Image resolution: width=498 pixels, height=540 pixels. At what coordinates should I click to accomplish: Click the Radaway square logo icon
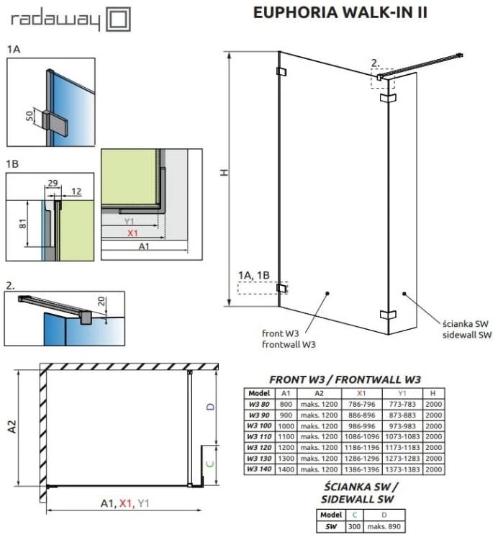[x=118, y=19]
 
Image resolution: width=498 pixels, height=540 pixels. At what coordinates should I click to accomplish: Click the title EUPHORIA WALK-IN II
[x=340, y=14]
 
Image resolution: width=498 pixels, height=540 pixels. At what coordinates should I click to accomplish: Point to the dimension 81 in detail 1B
[x=22, y=224]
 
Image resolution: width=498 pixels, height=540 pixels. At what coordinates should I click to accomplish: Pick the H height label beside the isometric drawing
[x=225, y=173]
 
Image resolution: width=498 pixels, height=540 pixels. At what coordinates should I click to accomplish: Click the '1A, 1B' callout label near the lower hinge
[x=255, y=275]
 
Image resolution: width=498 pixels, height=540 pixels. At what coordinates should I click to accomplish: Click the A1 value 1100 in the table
[x=286, y=436]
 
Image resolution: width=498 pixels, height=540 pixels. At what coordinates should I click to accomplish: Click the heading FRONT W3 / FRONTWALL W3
[x=344, y=379]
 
